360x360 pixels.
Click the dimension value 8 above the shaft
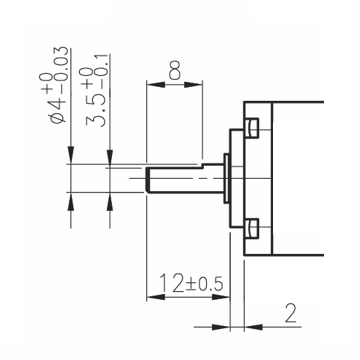click(175, 70)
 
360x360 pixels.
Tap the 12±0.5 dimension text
click(191, 283)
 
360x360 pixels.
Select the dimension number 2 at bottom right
click(291, 313)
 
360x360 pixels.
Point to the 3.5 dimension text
click(96, 110)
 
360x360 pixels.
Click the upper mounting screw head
click(252, 128)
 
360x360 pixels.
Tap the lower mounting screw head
click(252, 228)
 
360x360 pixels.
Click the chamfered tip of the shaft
click(148, 180)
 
